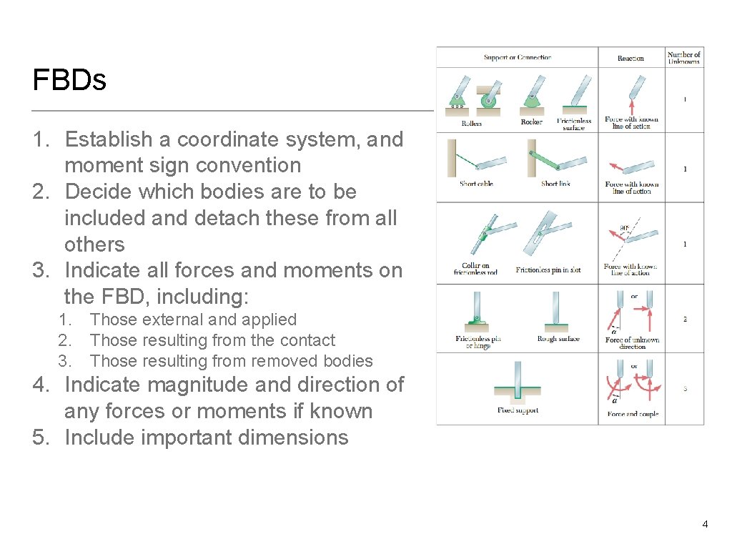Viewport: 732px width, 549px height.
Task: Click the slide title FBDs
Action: tap(69, 80)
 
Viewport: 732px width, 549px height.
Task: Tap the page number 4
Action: tap(705, 525)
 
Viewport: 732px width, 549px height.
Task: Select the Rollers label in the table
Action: tap(471, 123)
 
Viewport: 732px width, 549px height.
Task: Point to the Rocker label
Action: tap(531, 122)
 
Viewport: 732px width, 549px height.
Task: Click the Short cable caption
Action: tap(476, 184)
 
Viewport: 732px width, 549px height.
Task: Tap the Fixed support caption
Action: tap(518, 410)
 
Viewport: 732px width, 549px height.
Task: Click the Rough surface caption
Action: tap(558, 339)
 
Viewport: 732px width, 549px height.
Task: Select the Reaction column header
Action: tap(630, 59)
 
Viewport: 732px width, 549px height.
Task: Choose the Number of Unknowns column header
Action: tap(684, 58)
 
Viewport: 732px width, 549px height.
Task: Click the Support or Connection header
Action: tap(517, 57)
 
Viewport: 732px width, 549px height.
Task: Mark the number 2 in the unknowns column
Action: tap(685, 319)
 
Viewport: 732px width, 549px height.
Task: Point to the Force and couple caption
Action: tap(633, 414)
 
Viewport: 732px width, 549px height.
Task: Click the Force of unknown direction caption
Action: tap(632, 343)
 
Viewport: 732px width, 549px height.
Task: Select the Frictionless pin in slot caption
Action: tap(548, 270)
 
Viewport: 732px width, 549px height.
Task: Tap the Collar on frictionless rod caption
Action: tap(475, 269)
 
